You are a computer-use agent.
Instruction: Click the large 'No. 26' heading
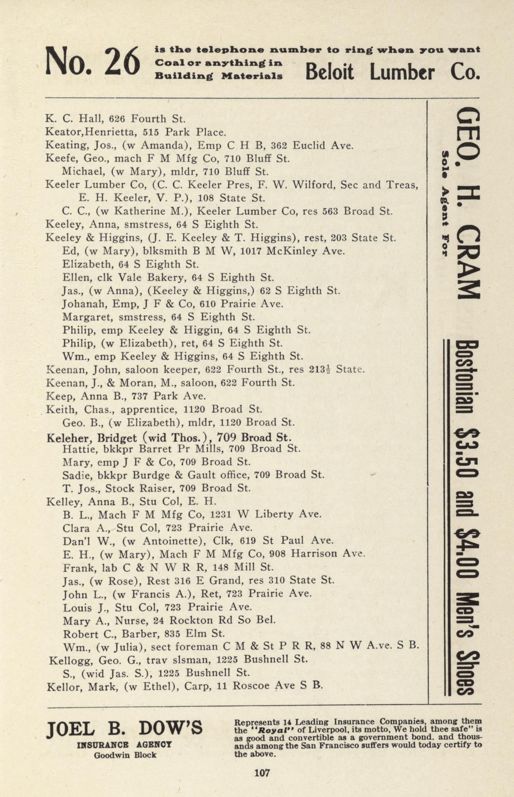click(92, 62)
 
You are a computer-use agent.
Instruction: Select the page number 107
click(262, 773)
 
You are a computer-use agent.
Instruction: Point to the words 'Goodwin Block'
click(125, 755)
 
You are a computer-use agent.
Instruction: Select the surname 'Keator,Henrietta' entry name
click(91, 132)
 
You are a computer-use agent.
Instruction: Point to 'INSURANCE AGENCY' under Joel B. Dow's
click(124, 745)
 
